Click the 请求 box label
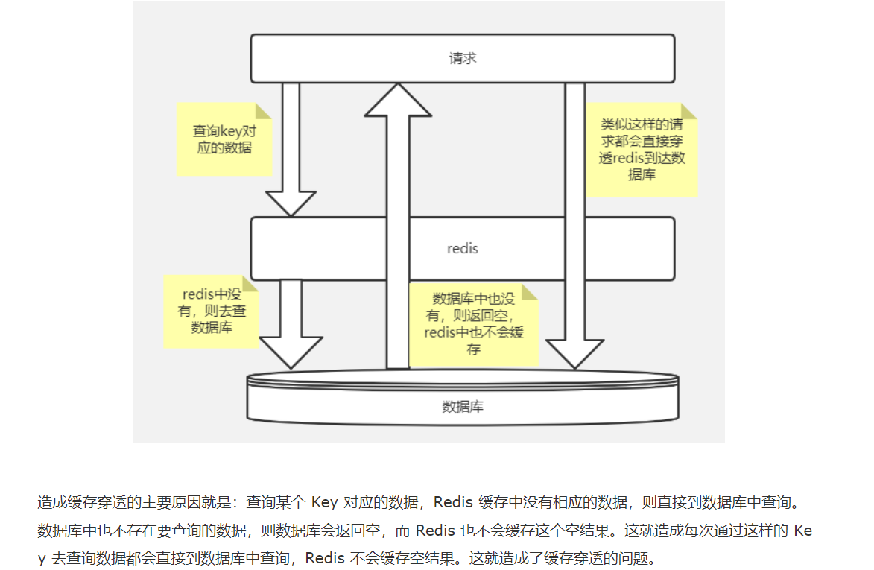(463, 58)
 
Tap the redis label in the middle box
(463, 248)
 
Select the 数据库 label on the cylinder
(463, 407)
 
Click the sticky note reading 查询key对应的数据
(223, 139)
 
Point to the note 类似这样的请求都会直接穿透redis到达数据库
(642, 151)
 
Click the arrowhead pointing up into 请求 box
(399, 100)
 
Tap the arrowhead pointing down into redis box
(291, 203)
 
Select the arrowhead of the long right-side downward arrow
(574, 353)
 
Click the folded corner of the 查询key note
(262, 111)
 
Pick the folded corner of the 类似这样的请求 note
(688, 112)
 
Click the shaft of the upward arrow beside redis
(399, 246)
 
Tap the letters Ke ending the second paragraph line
(802, 531)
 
